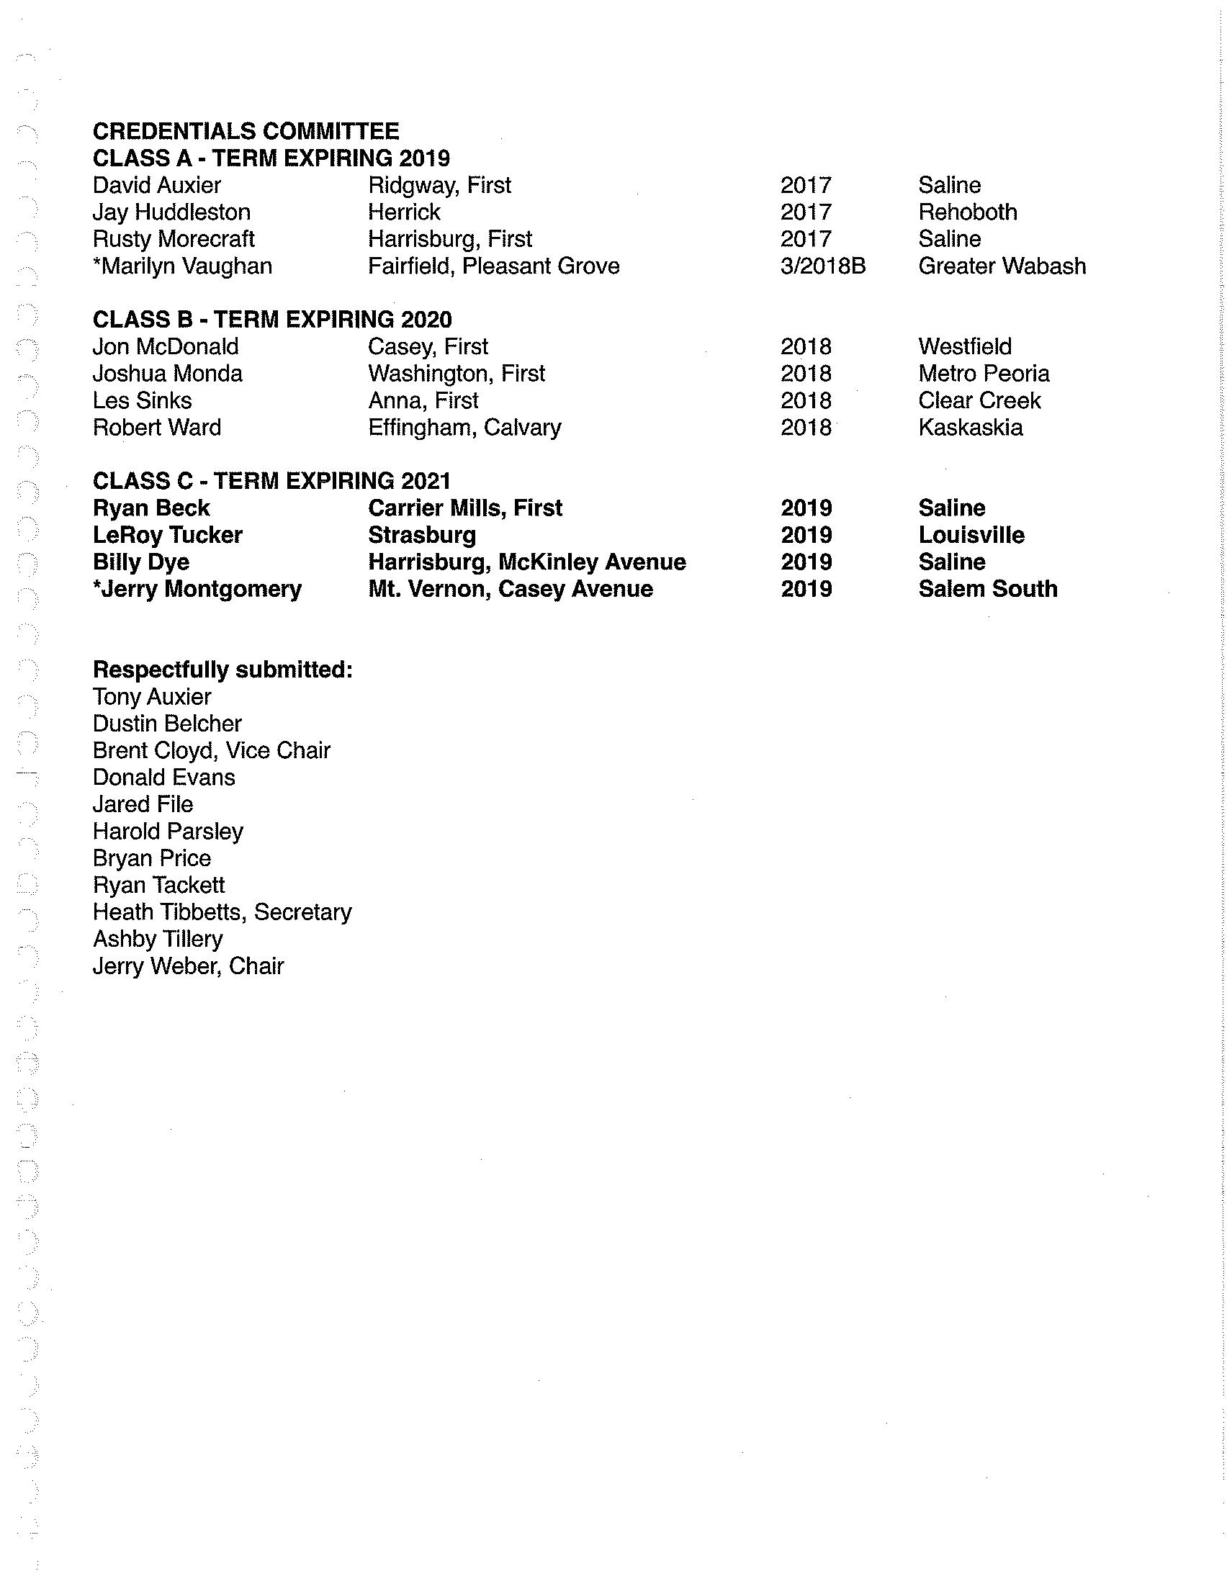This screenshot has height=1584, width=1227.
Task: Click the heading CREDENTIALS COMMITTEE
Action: click(x=246, y=131)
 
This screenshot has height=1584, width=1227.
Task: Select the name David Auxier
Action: click(x=157, y=185)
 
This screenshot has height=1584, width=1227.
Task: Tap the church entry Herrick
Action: click(x=404, y=212)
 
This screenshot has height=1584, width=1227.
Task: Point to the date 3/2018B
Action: click(x=822, y=266)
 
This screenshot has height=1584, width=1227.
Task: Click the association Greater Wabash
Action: click(x=1002, y=266)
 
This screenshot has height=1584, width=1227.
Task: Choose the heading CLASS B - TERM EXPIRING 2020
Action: click(x=272, y=320)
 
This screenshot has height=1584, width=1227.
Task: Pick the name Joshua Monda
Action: click(x=168, y=374)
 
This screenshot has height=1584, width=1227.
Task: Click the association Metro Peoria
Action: click(x=984, y=374)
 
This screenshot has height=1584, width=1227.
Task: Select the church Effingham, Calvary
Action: click(x=464, y=427)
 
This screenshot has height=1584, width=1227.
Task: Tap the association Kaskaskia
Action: click(x=970, y=427)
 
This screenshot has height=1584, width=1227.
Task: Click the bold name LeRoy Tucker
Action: click(x=168, y=535)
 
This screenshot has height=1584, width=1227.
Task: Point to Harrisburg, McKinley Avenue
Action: click(x=526, y=562)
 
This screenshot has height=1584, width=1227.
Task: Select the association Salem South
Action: click(x=988, y=589)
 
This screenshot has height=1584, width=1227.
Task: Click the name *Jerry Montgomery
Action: click(x=197, y=589)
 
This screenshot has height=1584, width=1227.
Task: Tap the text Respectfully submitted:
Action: click(x=223, y=670)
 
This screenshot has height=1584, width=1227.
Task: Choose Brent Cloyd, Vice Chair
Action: click(x=212, y=751)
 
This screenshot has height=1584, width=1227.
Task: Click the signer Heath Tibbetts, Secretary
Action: click(x=222, y=912)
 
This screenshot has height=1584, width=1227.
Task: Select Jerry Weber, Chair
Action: click(x=189, y=966)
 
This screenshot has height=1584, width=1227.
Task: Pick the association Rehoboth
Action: click(x=967, y=212)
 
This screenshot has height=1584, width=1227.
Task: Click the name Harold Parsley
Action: click(x=168, y=831)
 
